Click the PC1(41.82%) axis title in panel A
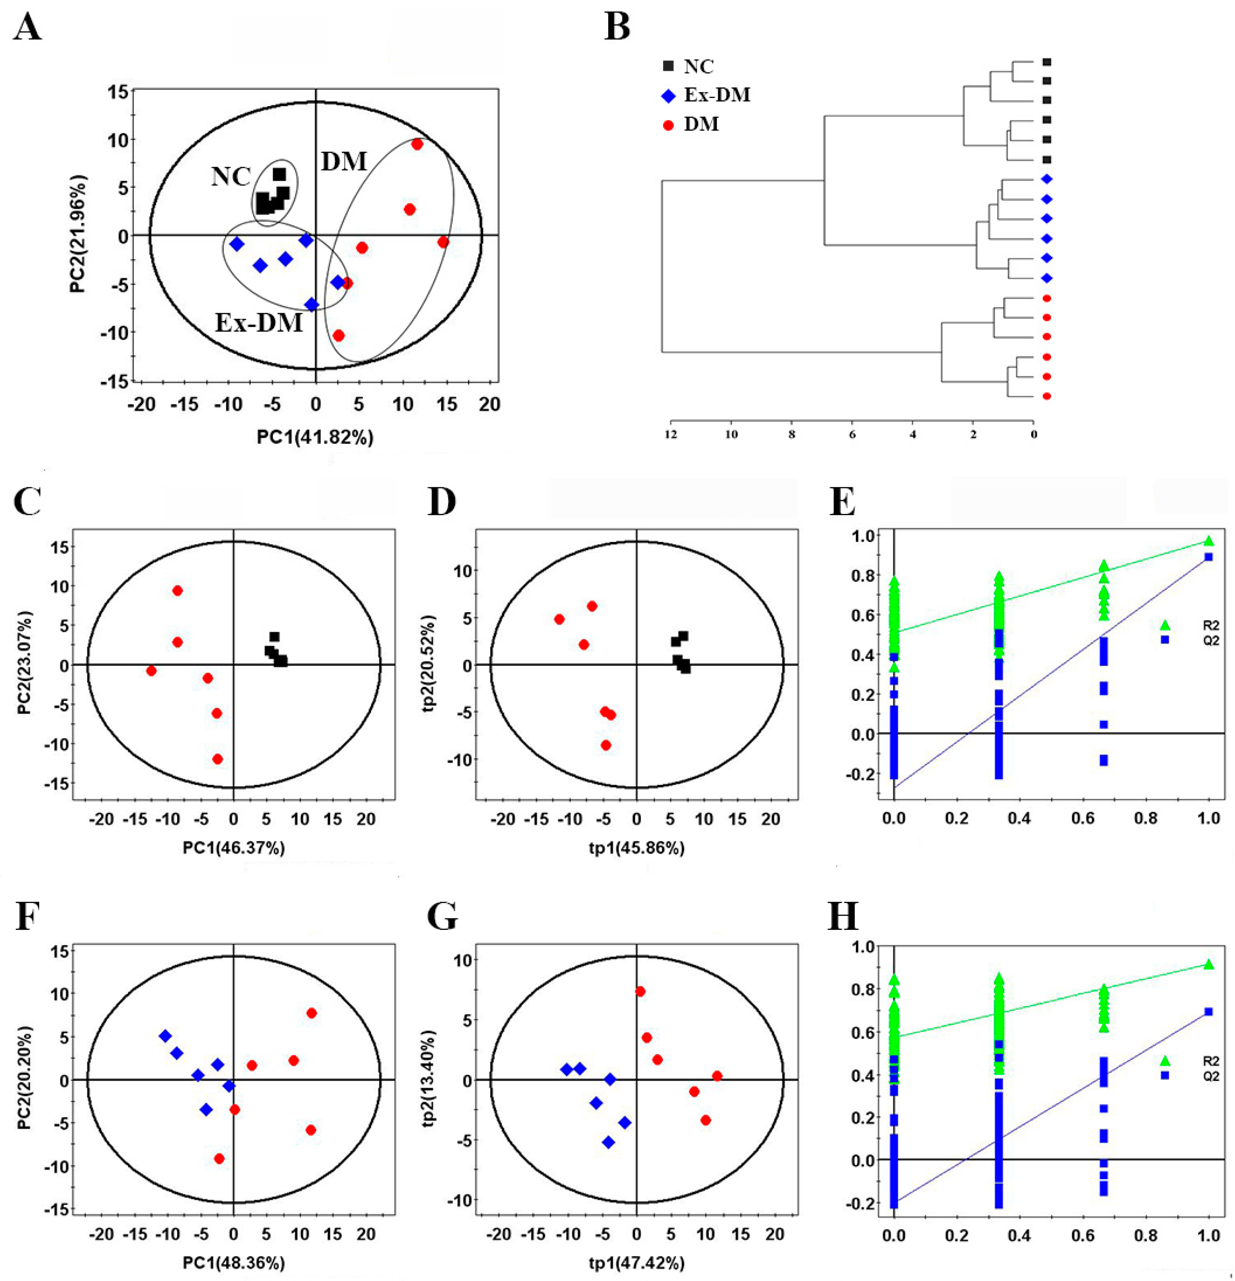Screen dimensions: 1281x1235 point(315,437)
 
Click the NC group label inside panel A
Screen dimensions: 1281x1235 point(231,176)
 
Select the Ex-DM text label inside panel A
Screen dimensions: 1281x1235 point(259,322)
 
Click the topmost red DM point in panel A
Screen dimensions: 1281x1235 point(417,144)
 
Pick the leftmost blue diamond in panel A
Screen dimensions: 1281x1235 point(236,244)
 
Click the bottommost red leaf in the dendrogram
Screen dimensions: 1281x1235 point(1046,396)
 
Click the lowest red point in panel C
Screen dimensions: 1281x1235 point(218,759)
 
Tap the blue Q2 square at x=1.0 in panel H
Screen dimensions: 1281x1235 point(1208,1012)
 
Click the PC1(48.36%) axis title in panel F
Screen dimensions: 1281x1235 point(234,1263)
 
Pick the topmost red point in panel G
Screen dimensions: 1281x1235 point(640,992)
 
